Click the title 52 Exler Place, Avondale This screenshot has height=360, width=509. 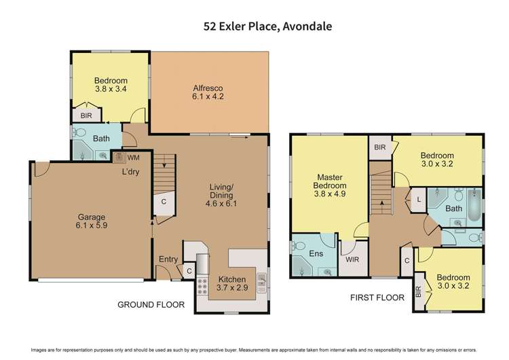pyautogui.click(x=254, y=27)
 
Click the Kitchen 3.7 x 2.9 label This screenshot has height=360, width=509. pyautogui.click(x=231, y=285)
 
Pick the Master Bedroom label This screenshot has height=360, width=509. pyautogui.click(x=329, y=185)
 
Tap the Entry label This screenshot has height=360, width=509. pyautogui.click(x=168, y=259)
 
